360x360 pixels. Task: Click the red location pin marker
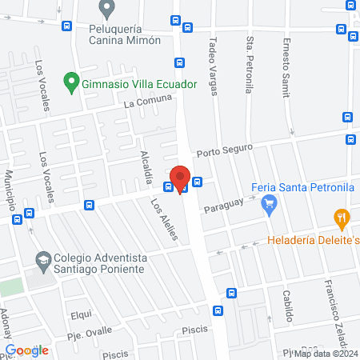click(180, 178)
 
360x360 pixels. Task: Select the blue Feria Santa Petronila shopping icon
click(269, 206)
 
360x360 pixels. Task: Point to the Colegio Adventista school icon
click(42, 259)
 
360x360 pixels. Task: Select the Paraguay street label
click(223, 207)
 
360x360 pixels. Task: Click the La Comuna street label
click(148, 102)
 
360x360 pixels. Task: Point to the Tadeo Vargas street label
click(213, 65)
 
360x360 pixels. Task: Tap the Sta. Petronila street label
click(250, 65)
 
